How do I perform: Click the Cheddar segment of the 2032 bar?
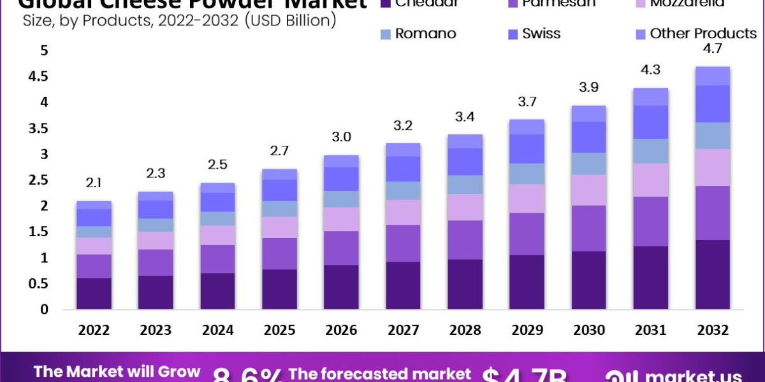pos(712,274)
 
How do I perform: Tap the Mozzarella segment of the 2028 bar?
pos(465,207)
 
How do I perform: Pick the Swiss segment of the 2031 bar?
pos(650,122)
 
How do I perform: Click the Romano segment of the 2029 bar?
pos(527,173)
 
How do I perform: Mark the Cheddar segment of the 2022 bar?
pos(94,294)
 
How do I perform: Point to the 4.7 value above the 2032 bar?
pos(712,49)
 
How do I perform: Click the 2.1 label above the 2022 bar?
pos(94,184)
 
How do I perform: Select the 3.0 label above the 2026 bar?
pos(341,138)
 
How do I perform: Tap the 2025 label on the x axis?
pos(279,330)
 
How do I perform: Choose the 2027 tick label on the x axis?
pos(403,330)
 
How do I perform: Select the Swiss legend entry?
pos(541,34)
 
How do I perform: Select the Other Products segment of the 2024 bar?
pos(217,188)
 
